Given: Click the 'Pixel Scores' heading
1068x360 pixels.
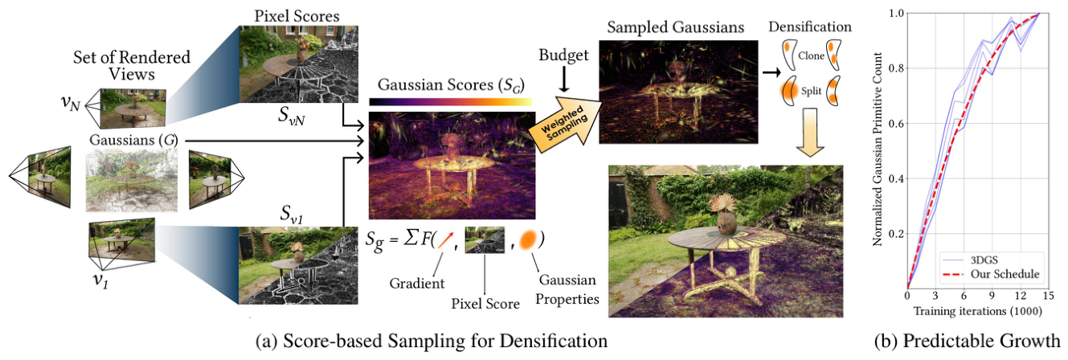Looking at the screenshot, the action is click(x=297, y=16).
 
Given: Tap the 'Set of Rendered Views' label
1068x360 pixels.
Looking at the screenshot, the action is click(x=132, y=65).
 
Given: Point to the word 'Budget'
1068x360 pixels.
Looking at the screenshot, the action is click(x=563, y=55).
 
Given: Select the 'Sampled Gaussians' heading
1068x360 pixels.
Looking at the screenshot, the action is click(x=675, y=27).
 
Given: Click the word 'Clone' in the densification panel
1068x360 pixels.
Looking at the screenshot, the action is click(x=811, y=55).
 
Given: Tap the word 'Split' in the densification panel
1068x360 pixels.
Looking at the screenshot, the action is click(x=811, y=91).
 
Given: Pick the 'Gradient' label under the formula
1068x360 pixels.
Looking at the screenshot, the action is click(x=417, y=283).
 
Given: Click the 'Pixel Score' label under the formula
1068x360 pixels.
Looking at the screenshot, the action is click(x=485, y=304).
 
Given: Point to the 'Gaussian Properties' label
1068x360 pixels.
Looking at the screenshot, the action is click(x=567, y=289).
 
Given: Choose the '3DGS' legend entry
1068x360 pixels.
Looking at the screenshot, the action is click(x=984, y=260).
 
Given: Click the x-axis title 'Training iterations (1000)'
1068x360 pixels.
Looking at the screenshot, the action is click(x=977, y=311).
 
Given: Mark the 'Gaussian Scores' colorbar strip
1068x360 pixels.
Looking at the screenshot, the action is click(x=450, y=101).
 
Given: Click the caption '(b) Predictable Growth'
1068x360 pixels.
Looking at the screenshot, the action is click(x=967, y=341).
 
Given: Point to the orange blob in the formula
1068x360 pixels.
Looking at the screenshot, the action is click(x=529, y=239).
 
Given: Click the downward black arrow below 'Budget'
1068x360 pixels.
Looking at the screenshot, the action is click(x=564, y=80).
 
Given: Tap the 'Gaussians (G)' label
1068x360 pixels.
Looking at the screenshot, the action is click(x=133, y=140).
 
